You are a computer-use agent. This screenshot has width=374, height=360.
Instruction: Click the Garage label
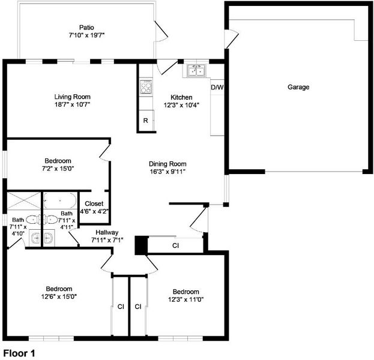(x=298, y=87)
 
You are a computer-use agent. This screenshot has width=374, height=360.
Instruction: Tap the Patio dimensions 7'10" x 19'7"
(x=87, y=35)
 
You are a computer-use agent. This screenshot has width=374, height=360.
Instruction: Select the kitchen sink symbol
(x=196, y=71)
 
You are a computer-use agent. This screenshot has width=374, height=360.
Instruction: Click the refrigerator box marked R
(x=146, y=121)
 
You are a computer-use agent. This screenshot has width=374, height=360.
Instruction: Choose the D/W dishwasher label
(x=217, y=87)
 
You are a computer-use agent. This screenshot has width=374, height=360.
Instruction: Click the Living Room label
(x=73, y=97)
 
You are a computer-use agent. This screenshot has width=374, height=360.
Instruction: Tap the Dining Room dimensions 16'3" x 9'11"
(x=167, y=172)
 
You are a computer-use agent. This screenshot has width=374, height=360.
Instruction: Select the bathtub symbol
(x=60, y=201)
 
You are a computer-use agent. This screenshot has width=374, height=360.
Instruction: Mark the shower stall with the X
(x=24, y=201)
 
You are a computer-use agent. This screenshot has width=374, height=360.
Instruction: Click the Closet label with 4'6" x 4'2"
(x=94, y=208)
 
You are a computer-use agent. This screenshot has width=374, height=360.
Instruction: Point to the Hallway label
(x=107, y=232)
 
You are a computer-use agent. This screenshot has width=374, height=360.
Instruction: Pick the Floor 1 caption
(x=19, y=353)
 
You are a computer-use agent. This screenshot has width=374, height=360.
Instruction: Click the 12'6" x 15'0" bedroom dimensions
(x=59, y=296)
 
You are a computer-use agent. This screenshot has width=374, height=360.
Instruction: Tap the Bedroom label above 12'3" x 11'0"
(x=186, y=292)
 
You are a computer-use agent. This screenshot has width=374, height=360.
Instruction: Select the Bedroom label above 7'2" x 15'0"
(x=58, y=161)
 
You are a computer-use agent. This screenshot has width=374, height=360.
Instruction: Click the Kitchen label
(x=181, y=97)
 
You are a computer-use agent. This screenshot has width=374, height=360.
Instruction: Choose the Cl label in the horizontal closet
(x=175, y=245)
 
